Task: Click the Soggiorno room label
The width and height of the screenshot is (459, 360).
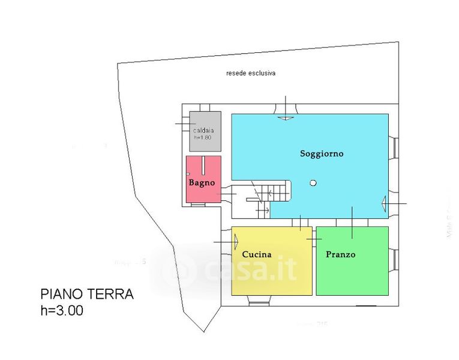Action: pos(322,154)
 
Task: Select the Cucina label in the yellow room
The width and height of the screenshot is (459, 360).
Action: pos(257,254)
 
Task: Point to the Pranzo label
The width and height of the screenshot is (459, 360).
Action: pos(340,254)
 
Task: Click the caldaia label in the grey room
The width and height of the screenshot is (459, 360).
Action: pos(204,130)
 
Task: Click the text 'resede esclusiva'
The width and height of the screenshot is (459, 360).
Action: pos(250,73)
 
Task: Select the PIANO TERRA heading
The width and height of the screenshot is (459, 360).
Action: pos(87,294)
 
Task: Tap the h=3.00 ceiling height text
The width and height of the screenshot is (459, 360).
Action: pos(62,311)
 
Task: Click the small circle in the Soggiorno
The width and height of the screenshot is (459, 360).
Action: pos(312,183)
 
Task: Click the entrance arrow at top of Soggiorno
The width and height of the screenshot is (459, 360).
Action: pos(285,117)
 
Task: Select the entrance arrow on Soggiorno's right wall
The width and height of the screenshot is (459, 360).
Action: pos(384,204)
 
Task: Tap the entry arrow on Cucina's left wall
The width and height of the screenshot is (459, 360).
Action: pos(236,242)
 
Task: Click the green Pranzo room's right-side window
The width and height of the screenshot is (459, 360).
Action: pos(395,260)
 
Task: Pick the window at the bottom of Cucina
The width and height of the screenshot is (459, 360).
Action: pos(260,302)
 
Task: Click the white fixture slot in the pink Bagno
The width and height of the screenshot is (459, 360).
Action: pos(204,164)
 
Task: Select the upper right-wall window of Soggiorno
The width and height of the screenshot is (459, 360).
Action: pos(394,147)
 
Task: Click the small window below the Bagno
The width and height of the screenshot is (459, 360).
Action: pos(197,205)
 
